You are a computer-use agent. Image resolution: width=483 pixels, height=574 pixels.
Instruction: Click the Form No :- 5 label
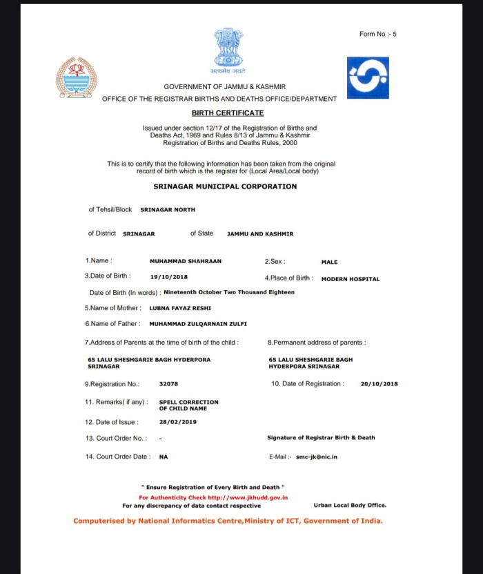point(378,35)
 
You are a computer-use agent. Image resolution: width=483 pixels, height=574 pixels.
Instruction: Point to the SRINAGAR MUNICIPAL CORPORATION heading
point(225,186)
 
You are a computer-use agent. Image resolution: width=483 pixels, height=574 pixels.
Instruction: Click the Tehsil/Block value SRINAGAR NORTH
point(168,210)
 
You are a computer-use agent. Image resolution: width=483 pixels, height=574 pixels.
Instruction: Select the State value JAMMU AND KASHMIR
point(260,234)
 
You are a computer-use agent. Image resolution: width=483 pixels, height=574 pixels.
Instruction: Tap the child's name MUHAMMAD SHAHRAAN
point(186,262)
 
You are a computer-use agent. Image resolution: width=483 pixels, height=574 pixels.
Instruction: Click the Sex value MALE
point(330,262)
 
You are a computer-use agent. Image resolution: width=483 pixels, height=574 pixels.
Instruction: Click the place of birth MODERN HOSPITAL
point(351,279)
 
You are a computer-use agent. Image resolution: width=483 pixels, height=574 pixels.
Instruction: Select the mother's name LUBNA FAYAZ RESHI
point(180,308)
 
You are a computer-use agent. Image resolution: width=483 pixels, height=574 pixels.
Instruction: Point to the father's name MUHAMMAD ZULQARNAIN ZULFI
point(198,324)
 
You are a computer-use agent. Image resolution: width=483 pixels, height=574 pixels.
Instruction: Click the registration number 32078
point(168,384)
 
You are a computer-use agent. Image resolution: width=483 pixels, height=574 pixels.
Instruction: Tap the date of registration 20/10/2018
point(379,384)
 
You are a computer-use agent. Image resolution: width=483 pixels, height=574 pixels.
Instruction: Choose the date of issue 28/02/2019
point(178,421)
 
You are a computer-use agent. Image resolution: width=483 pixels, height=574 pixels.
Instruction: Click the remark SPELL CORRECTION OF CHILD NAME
point(189,405)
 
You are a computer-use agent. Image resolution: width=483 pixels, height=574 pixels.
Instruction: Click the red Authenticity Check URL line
point(213,497)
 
